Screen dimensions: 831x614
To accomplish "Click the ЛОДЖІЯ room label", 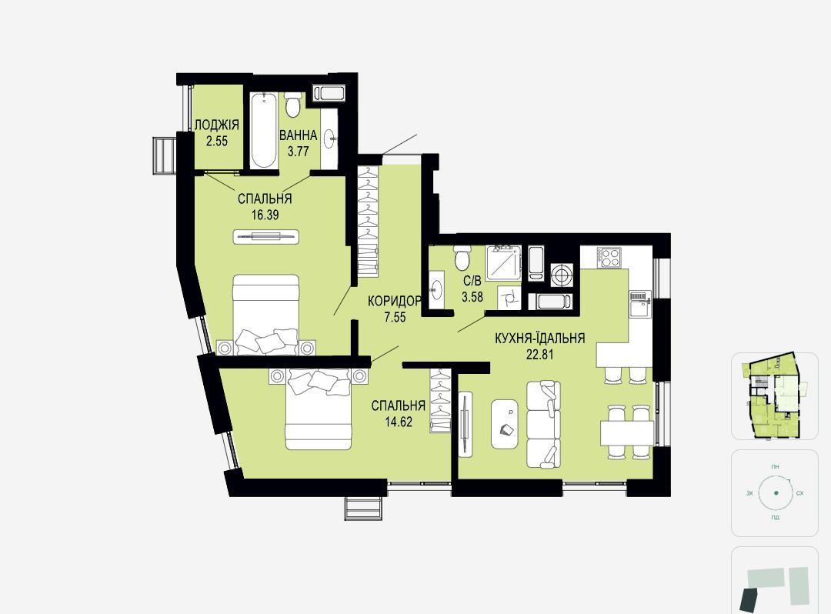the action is pyautogui.click(x=217, y=125).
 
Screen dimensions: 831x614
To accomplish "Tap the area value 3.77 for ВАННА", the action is pyautogui.click(x=298, y=152).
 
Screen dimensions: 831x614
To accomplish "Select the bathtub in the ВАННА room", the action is pyautogui.click(x=263, y=130).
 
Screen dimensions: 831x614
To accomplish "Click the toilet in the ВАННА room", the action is pyautogui.click(x=293, y=105).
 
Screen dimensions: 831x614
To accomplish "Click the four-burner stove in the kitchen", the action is pyautogui.click(x=609, y=257).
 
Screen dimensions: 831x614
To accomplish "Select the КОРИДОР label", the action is pyautogui.click(x=395, y=302).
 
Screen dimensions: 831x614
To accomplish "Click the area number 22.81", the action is pyautogui.click(x=539, y=355).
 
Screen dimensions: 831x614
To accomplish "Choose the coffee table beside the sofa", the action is pyautogui.click(x=505, y=424).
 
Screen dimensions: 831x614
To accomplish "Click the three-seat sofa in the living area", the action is pyautogui.click(x=543, y=425).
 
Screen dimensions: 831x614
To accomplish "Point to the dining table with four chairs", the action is pyautogui.click(x=627, y=432).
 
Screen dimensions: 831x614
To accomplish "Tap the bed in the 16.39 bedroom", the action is pyautogui.click(x=266, y=315).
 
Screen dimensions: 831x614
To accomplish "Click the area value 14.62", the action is pyautogui.click(x=399, y=422).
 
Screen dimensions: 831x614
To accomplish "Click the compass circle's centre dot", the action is pyautogui.click(x=776, y=492).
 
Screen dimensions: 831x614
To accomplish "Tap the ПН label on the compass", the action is pyautogui.click(x=776, y=467).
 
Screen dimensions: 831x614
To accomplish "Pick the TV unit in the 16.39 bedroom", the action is pyautogui.click(x=266, y=236).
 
